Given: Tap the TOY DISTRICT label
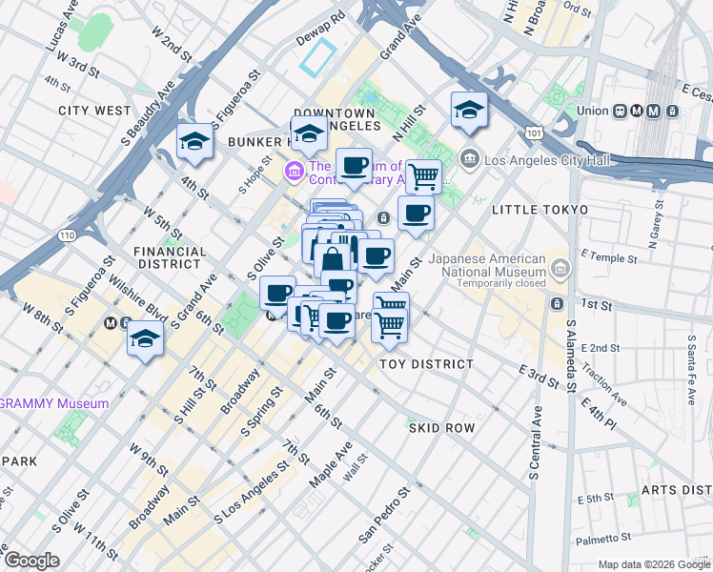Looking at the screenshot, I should coord(426,364).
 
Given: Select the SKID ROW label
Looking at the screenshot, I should coord(441,428).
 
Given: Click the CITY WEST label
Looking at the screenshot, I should coord(94,111).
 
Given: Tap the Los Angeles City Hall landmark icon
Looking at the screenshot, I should coord(468,157).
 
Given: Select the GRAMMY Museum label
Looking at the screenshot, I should coord(54,403).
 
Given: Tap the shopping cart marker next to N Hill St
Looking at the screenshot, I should coord(423,175).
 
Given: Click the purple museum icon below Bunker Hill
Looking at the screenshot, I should coord(294,173).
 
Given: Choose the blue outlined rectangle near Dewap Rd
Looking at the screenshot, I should coord(318,58).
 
